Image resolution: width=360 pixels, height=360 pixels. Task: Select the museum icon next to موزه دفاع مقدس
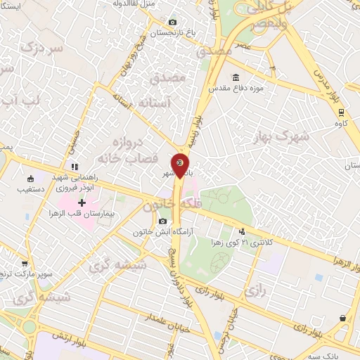click(x=235, y=77)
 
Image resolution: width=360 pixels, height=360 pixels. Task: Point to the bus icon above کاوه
click(x=341, y=111)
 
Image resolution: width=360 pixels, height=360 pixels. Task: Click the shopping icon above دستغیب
click(x=30, y=179)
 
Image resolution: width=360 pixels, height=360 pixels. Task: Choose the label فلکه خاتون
click(x=166, y=205)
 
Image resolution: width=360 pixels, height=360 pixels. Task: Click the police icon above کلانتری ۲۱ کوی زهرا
click(x=243, y=231)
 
